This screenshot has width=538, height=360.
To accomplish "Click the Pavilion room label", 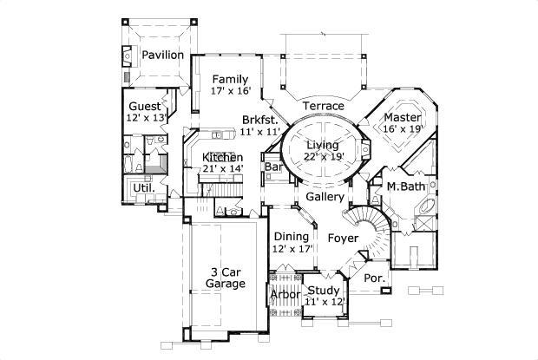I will click(163, 55).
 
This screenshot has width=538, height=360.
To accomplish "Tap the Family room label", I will click(230, 79).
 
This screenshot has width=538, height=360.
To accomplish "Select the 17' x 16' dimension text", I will click(230, 90).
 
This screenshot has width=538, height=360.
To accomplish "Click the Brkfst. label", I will click(260, 119).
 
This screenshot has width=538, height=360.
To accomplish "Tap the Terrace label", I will click(323, 106).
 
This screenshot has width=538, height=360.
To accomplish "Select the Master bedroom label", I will click(403, 117).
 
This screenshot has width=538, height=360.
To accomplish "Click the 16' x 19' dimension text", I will click(403, 128).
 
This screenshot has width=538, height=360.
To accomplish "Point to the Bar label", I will click(273, 166).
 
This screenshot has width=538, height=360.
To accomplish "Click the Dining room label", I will click(291, 237).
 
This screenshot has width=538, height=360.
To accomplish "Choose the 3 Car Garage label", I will click(226, 277).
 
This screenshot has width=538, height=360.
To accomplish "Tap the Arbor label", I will click(285, 295).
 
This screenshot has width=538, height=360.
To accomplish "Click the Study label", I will click(324, 290).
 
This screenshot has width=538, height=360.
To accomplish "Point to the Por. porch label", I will click(374, 278).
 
